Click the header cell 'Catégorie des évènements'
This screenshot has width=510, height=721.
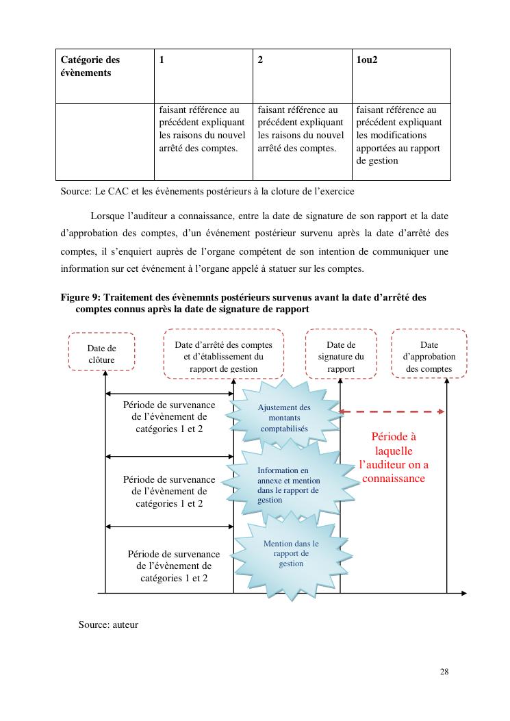[x=104, y=75]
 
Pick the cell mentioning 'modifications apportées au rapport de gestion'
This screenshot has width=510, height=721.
[x=401, y=141]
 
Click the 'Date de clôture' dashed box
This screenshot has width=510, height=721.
[x=101, y=353]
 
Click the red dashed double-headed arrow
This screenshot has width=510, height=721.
[x=393, y=412]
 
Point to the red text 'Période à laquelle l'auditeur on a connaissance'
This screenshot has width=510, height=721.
[x=394, y=457]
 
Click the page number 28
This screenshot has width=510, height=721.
[x=444, y=672]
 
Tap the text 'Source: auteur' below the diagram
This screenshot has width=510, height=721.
[x=108, y=624]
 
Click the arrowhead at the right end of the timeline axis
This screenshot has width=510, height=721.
[x=463, y=592]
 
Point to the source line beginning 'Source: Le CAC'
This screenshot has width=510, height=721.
[x=207, y=191]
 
